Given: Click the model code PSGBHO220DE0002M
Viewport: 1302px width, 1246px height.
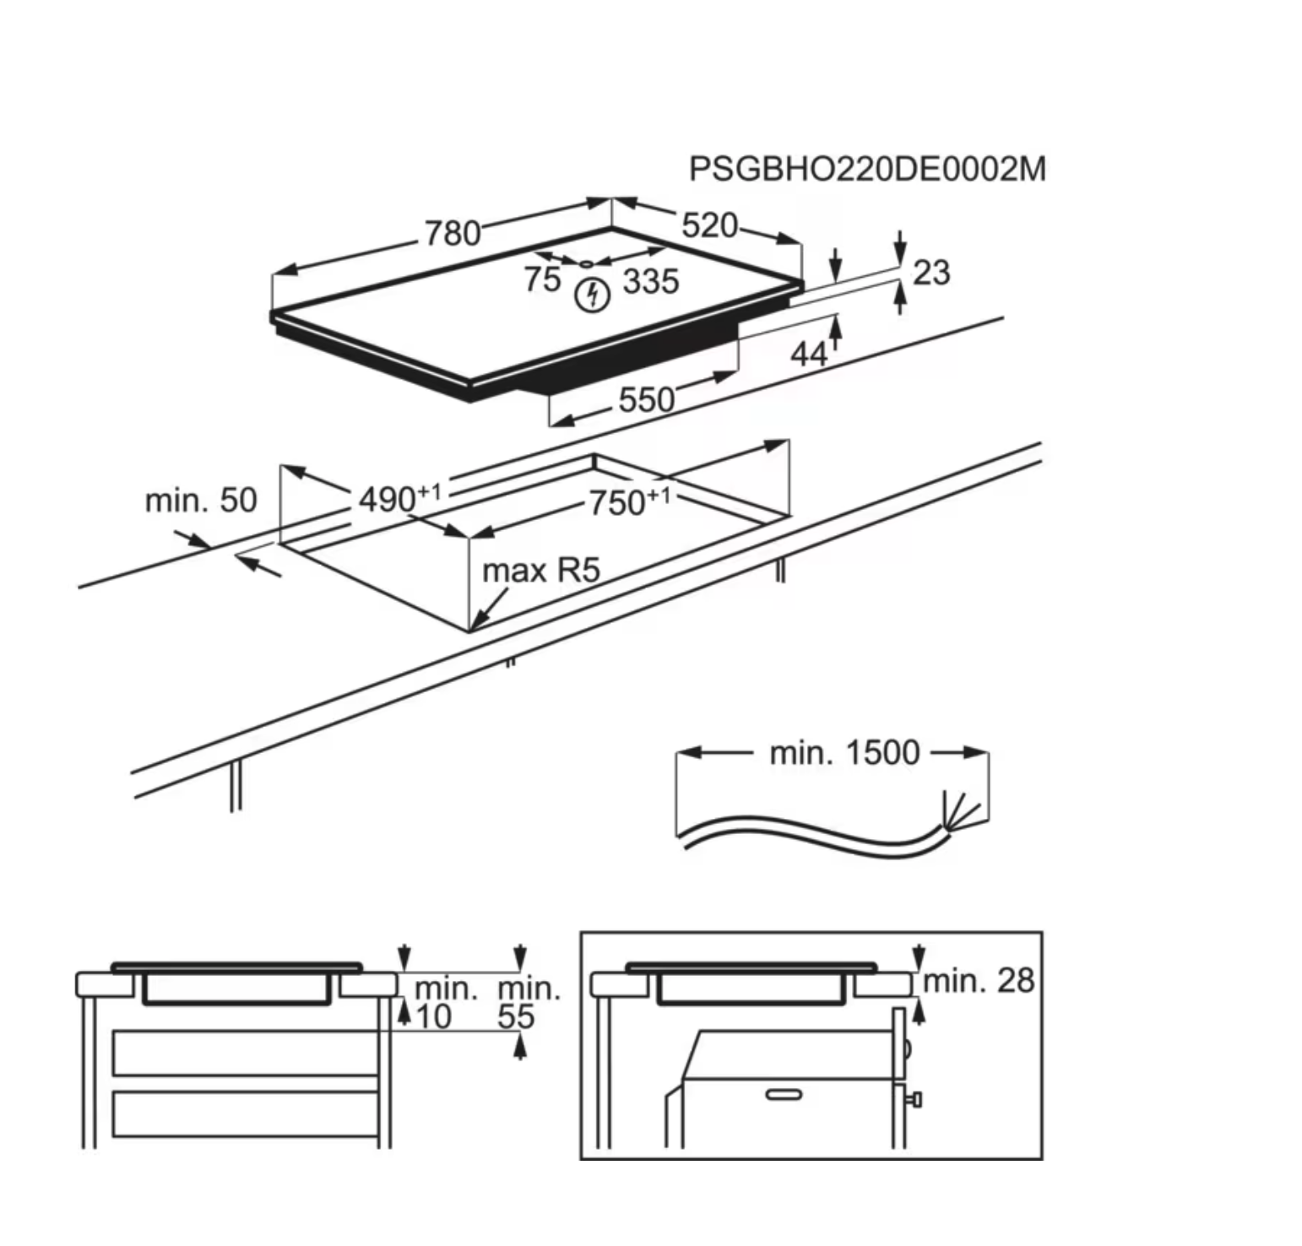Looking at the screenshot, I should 866,170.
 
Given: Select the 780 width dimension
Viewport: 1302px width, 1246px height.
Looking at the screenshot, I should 453,233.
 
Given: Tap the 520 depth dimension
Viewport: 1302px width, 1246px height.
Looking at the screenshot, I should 709,225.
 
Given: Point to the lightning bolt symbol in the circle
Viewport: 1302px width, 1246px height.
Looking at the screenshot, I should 592,295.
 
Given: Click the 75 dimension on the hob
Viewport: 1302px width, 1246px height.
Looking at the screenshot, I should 541,279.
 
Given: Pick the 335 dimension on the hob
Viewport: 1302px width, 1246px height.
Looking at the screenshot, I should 651,281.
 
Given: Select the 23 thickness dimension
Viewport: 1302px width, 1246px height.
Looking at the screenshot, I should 931,273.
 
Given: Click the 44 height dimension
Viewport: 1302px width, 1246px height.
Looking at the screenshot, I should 808,355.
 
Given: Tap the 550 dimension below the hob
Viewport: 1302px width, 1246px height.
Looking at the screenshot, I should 646,399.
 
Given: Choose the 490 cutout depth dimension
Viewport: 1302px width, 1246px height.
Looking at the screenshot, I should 388,500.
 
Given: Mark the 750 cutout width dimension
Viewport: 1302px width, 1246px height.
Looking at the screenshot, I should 618,503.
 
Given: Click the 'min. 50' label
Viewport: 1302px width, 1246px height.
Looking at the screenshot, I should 201,501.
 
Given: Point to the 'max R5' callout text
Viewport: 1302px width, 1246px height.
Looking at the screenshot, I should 540,571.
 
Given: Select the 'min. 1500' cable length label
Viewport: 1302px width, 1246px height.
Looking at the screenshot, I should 844,752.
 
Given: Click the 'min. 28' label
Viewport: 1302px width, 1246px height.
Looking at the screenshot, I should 979,980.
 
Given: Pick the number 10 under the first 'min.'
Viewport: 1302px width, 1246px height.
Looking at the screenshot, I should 434,1016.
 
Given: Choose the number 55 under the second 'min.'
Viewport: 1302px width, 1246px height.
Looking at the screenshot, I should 516,1016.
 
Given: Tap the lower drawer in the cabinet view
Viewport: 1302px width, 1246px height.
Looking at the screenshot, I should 245,1113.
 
